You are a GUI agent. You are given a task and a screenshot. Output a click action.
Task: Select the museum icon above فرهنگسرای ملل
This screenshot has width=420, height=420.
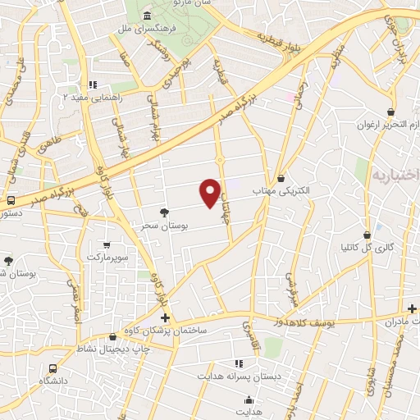(x=147, y=16)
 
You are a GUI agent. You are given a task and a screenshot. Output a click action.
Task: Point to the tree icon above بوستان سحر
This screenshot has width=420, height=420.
(x=164, y=212)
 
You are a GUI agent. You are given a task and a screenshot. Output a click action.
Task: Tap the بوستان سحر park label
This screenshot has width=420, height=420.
(x=164, y=224)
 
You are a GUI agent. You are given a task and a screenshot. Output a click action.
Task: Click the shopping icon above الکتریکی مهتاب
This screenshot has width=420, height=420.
(x=281, y=178)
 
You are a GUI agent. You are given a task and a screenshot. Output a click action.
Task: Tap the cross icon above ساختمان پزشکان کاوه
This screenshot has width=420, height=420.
(x=165, y=317)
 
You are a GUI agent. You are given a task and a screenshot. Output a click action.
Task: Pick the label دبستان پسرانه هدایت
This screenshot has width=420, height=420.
(x=238, y=375)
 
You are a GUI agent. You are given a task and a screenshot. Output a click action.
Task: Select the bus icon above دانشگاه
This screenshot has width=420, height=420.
(x=52, y=369)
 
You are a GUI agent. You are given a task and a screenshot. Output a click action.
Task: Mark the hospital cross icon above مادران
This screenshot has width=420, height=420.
(x=412, y=308)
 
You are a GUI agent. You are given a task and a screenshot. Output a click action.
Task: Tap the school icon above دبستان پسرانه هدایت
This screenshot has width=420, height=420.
(x=239, y=363)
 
